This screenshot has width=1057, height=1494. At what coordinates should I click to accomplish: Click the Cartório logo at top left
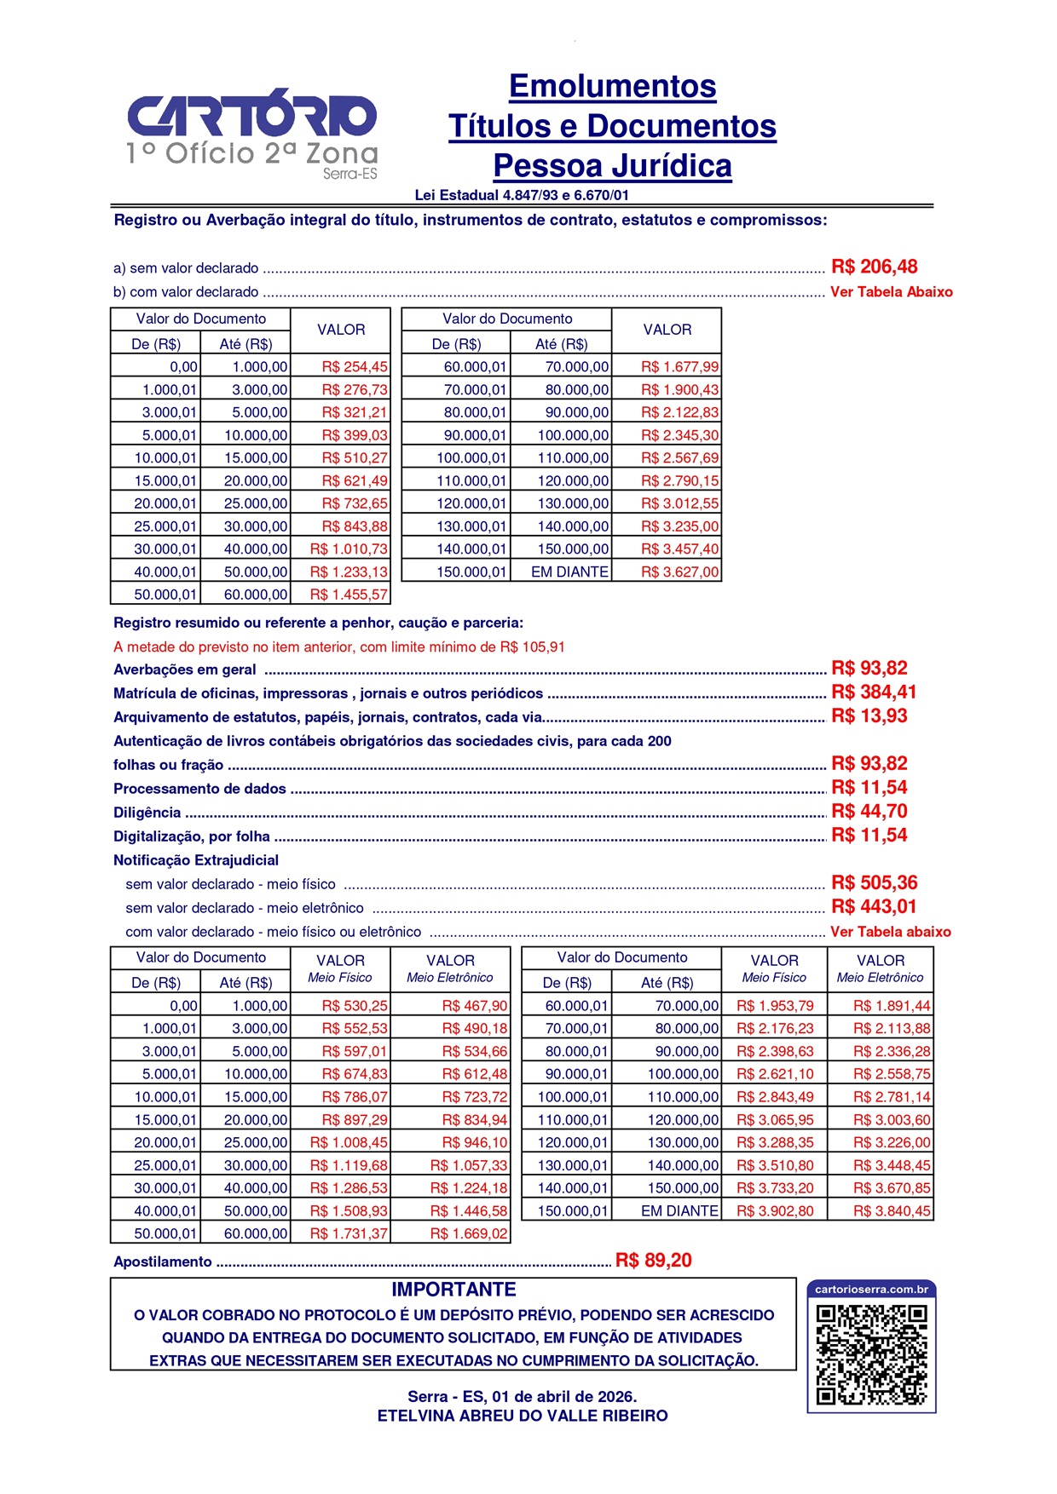click(251, 132)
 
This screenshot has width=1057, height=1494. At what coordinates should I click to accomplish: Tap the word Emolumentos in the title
click(612, 86)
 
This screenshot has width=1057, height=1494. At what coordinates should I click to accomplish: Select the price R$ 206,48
click(874, 267)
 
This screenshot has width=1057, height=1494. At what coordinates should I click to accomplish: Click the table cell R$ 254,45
click(354, 367)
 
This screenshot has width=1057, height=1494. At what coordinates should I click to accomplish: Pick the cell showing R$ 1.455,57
click(348, 595)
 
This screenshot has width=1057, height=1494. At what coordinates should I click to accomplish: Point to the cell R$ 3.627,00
click(679, 572)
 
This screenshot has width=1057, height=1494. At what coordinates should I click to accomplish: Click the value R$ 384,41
click(874, 692)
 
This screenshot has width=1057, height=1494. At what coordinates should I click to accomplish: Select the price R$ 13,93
click(869, 715)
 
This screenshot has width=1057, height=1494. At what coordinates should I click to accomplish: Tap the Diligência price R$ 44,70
click(869, 811)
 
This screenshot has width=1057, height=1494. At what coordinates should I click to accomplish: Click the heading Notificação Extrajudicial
click(196, 860)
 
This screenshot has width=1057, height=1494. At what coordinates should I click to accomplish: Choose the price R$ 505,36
click(874, 882)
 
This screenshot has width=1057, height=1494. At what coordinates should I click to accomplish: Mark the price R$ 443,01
click(874, 906)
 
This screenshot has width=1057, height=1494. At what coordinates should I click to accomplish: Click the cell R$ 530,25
click(354, 1006)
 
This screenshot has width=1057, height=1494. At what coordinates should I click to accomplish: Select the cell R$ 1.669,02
click(468, 1233)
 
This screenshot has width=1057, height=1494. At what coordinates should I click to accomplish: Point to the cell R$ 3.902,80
click(774, 1210)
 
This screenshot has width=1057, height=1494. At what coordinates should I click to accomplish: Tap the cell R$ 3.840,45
click(892, 1210)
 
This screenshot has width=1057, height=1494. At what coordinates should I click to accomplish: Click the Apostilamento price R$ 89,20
click(653, 1261)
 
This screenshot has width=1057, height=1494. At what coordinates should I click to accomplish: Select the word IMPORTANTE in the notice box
click(453, 1290)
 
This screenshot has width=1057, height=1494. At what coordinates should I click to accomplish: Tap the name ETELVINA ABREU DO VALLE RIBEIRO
click(523, 1416)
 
